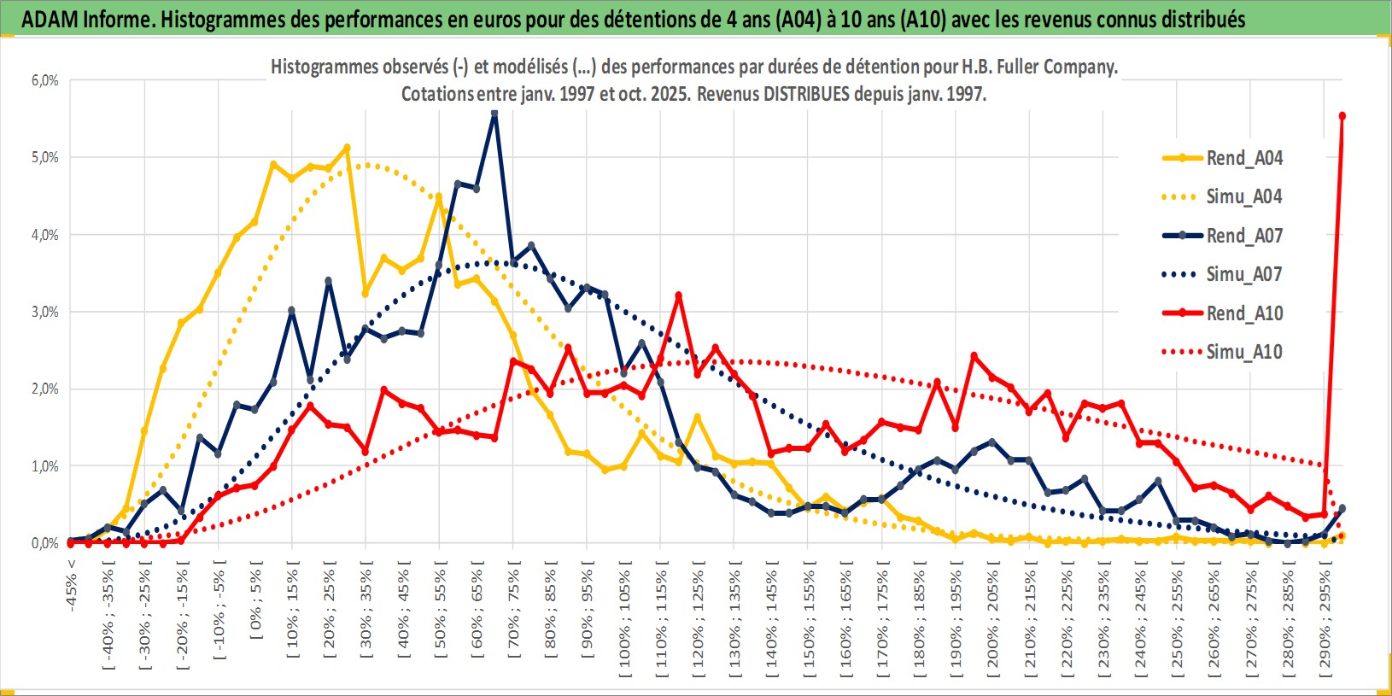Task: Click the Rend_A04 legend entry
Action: point(1243,158)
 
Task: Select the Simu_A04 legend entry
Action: point(1243,196)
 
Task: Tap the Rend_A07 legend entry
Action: point(1243,236)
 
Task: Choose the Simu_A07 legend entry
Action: point(1243,274)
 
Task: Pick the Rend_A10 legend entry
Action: point(1243,313)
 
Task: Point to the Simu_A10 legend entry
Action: point(1243,352)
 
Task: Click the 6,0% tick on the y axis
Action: point(45,80)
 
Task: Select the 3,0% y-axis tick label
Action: point(45,312)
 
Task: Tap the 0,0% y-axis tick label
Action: point(45,543)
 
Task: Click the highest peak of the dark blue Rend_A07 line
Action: point(494,114)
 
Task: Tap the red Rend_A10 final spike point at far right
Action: point(1342,116)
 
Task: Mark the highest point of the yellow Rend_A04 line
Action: point(347,148)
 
